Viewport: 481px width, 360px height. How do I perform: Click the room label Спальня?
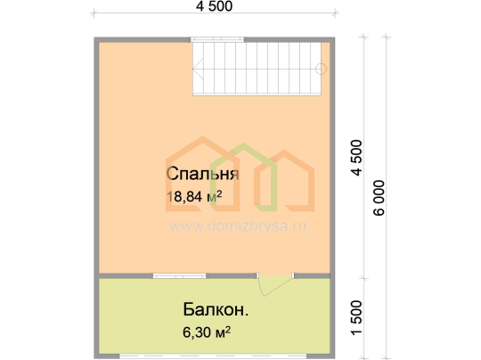click(202, 174)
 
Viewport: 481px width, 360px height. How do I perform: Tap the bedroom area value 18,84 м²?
click(194, 196)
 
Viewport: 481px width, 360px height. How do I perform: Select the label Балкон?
click(216, 309)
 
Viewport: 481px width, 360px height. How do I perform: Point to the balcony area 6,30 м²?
click(207, 332)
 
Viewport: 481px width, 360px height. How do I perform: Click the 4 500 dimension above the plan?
click(214, 6)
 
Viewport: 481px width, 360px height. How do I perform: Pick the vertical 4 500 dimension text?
click(357, 158)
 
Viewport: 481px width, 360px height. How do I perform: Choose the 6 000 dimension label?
click(379, 198)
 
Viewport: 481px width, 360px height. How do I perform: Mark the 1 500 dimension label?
click(357, 317)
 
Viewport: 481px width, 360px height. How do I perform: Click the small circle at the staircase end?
click(321, 69)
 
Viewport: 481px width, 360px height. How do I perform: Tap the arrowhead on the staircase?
click(198, 69)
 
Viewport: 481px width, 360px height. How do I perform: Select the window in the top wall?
click(217, 39)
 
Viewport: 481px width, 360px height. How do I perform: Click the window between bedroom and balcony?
click(179, 276)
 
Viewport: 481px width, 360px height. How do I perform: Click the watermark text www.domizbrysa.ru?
click(238, 226)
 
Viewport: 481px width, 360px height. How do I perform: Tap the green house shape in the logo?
click(244, 177)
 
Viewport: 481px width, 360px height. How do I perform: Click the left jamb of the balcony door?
click(257, 275)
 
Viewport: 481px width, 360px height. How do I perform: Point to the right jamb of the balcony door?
click(293, 275)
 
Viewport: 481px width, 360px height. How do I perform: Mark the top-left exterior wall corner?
click(94, 37)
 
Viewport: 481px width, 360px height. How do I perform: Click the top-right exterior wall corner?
click(334, 37)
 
